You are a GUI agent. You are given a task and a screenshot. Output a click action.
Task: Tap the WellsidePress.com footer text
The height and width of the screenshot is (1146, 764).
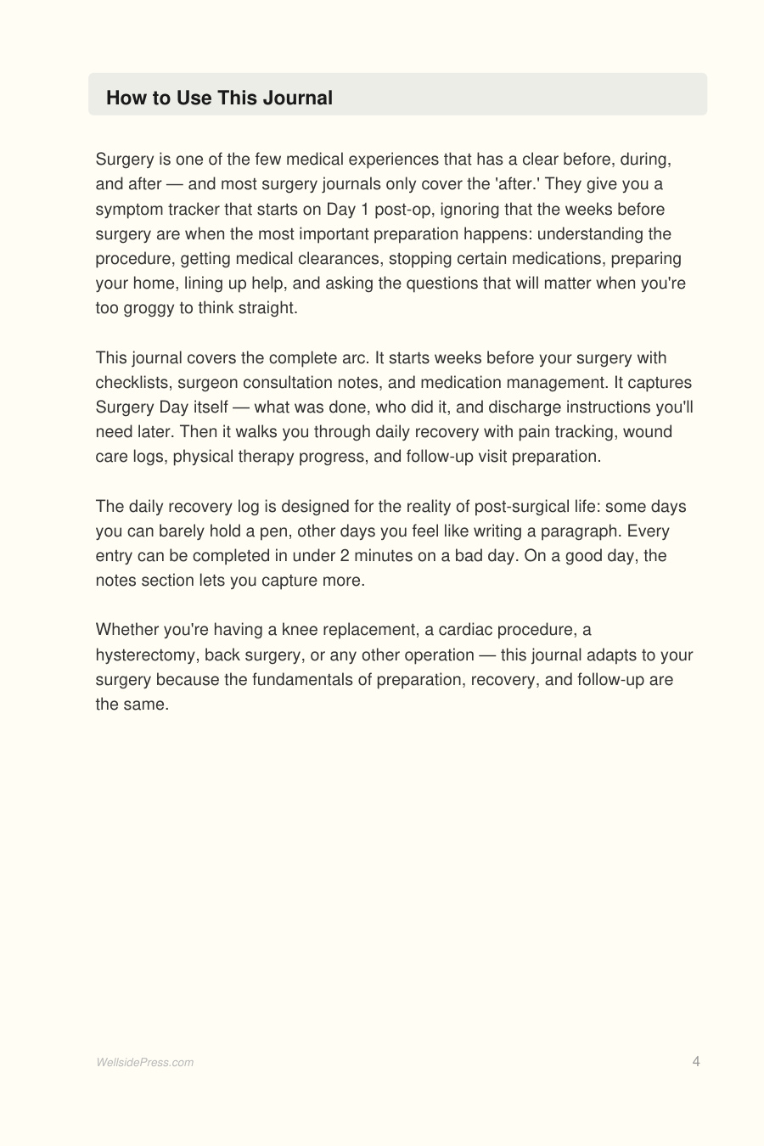pos(144,1062)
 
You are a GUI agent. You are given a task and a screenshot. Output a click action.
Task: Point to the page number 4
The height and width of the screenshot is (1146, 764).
pos(696,1061)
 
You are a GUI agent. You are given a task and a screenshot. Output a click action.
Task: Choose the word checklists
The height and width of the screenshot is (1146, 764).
pos(132,383)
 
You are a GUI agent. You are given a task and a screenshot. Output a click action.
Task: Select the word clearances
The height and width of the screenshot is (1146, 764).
pos(339,259)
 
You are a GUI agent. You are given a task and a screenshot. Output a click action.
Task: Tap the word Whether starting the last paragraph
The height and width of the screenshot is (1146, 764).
pos(126,630)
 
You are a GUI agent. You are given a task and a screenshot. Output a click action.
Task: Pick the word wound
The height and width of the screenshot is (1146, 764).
pos(648,432)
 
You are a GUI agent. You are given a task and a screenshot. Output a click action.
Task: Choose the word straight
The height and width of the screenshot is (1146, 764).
pos(267,308)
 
